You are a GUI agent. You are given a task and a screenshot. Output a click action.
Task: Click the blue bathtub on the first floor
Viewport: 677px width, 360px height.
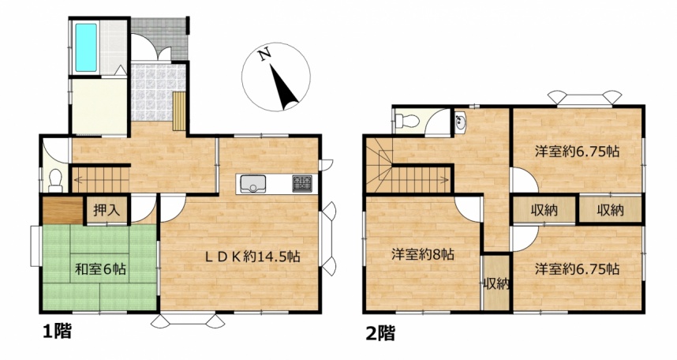86,47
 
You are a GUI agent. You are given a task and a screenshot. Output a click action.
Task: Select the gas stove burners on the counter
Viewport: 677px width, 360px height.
302,184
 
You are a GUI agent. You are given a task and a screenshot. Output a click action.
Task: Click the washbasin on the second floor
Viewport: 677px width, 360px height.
460,122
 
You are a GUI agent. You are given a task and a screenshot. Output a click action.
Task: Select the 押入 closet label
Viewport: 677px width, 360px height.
107,211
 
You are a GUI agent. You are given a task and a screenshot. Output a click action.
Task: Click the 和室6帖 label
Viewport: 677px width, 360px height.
100,270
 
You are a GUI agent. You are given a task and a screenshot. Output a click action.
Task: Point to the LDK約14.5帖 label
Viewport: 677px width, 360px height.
252,257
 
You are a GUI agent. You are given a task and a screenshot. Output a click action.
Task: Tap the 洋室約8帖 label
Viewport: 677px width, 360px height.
423,254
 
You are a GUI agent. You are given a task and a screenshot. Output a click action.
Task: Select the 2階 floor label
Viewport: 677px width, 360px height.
380,333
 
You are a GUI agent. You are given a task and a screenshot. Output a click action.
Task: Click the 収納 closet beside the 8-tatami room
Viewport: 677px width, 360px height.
496,283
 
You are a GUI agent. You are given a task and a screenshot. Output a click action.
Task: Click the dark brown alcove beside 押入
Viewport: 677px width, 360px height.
63,211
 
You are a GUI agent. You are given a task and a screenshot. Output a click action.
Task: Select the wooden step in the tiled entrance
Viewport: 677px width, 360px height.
179,111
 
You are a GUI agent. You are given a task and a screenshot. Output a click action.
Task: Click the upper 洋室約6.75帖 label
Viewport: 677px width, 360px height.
578,152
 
